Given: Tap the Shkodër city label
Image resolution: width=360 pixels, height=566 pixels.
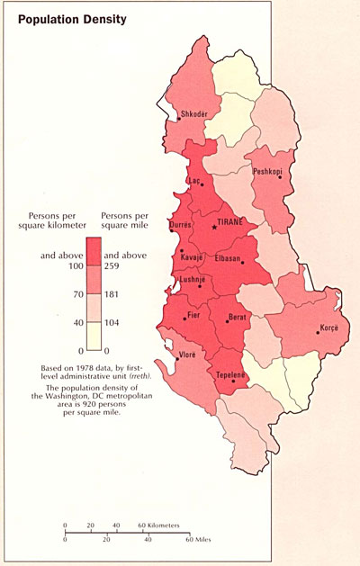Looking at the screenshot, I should pyautogui.click(x=195, y=114).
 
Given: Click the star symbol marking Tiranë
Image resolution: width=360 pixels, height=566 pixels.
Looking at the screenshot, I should pyautogui.click(x=214, y=227).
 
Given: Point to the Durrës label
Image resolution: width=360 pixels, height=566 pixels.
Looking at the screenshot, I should pyautogui.click(x=180, y=224).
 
